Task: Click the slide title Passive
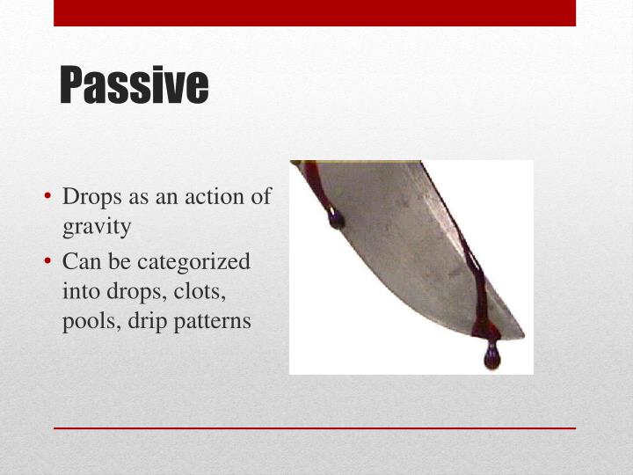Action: (x=134, y=85)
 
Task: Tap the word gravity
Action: (x=97, y=226)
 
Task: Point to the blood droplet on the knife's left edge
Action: (x=336, y=220)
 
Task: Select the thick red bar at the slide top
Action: (x=315, y=12)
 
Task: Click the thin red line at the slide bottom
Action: (x=315, y=428)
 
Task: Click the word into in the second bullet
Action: (x=81, y=291)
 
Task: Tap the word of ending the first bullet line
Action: (x=261, y=197)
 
